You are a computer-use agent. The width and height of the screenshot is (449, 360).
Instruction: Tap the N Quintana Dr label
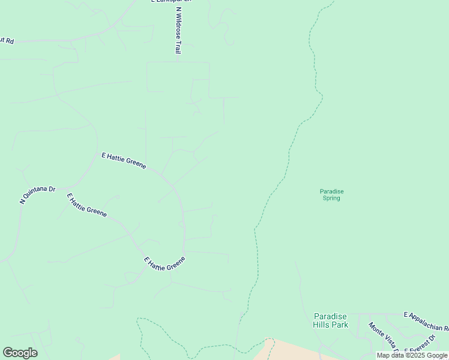pos(37,196)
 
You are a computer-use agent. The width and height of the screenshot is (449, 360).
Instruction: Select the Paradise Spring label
pos(331,194)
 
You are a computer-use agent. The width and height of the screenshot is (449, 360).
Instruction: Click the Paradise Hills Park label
pos(331,320)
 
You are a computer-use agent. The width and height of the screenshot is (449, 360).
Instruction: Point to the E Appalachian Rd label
pos(427,321)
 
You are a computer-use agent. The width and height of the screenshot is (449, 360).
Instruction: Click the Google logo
pos(20,353)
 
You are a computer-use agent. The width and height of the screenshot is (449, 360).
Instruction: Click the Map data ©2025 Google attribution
pos(412,355)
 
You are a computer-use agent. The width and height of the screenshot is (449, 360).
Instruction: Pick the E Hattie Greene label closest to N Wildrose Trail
pos(124,160)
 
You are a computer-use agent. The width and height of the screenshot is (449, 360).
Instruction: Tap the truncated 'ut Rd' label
pos(7,41)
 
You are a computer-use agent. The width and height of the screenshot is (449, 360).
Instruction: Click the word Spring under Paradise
pos(331,198)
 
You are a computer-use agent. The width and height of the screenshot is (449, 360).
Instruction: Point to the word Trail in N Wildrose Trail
pos(178,46)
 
